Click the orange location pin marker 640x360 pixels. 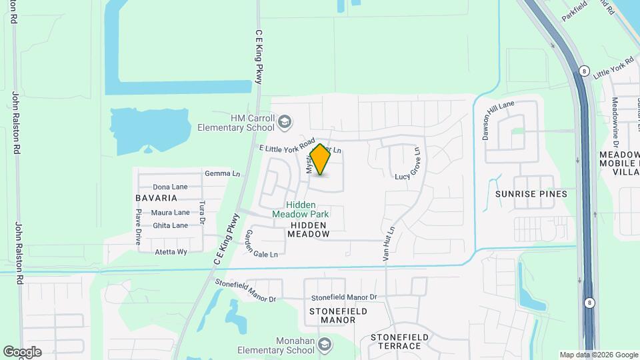(x=321, y=159)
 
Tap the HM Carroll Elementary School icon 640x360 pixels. (x=285, y=122)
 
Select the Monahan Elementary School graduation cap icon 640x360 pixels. (x=324, y=345)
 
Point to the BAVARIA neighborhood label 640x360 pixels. (x=157, y=198)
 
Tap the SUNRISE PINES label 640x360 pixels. (x=531, y=194)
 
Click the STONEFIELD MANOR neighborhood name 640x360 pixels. (x=338, y=315)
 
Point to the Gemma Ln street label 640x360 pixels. (x=223, y=174)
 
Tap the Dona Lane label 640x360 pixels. (x=171, y=187)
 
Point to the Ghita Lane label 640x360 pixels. (x=171, y=225)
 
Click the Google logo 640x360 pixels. (x=22, y=352)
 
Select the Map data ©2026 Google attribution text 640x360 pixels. (x=597, y=355)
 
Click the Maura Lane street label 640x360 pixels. (x=171, y=213)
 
